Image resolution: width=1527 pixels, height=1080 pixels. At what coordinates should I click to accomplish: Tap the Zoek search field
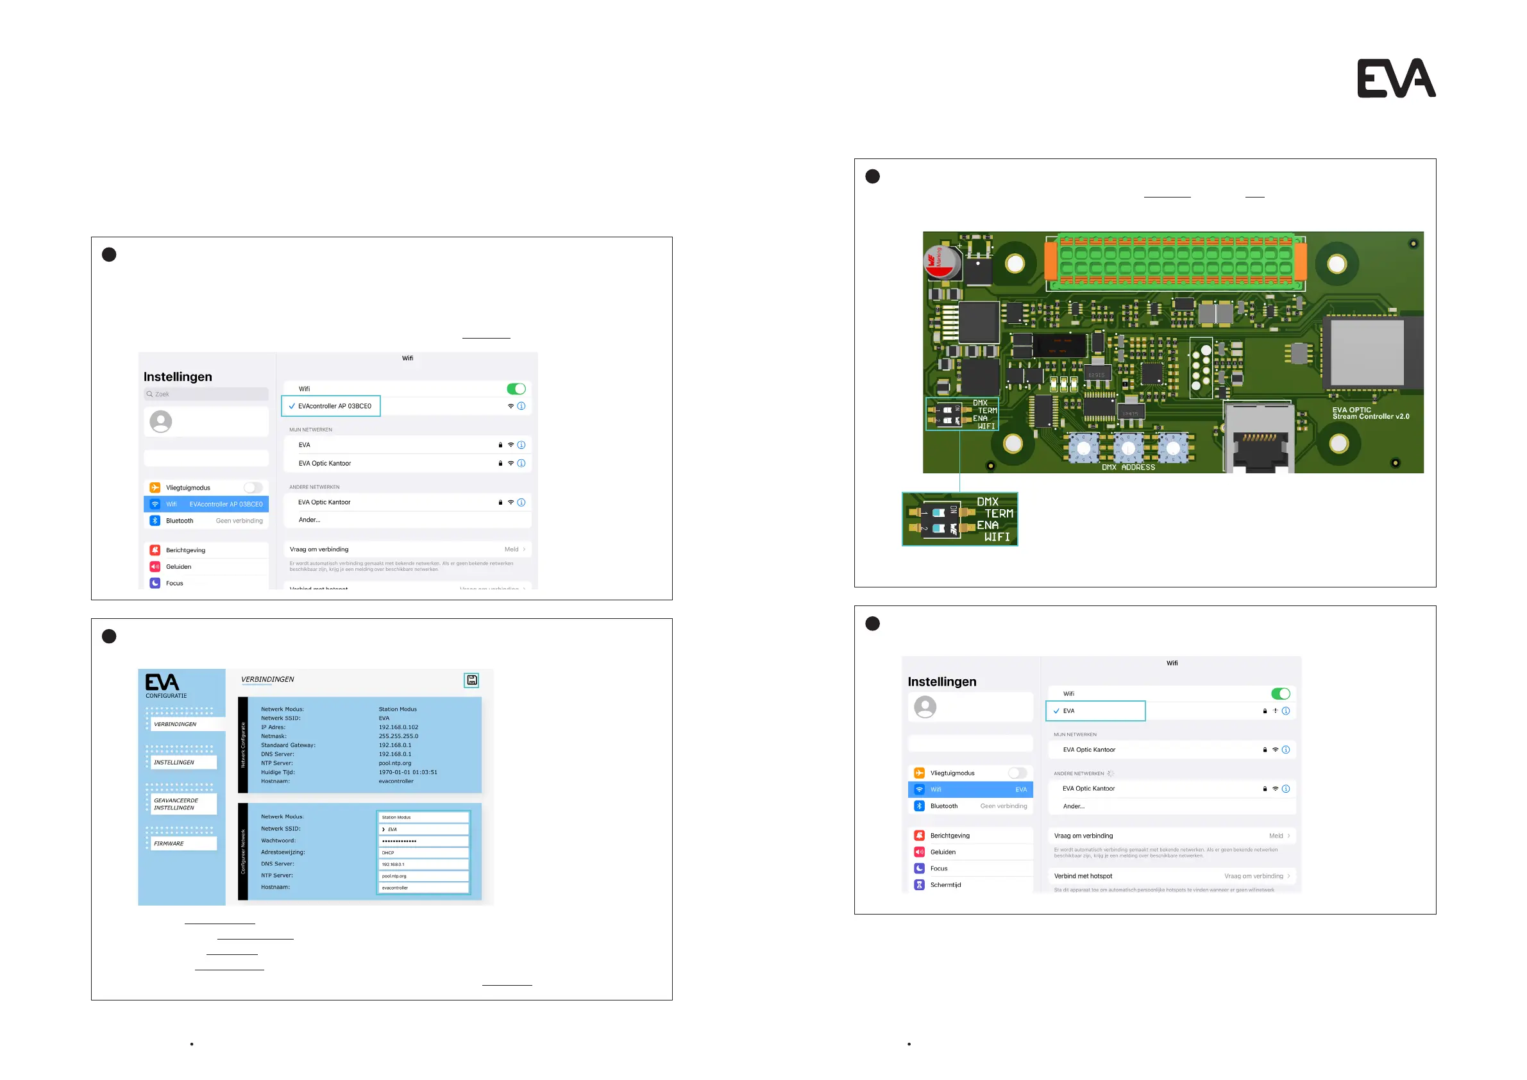coord(206,394)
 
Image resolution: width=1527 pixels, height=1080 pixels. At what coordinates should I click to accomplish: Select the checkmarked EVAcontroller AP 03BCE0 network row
coord(331,407)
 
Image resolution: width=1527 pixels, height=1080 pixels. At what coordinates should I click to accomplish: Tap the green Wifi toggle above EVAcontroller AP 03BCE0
coord(516,389)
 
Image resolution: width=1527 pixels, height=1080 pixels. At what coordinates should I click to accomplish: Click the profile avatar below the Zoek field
coord(161,421)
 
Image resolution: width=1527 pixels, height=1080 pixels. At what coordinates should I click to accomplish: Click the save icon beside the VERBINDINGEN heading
coord(471,680)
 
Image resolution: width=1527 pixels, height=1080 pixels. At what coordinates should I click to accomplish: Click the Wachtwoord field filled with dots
coord(423,841)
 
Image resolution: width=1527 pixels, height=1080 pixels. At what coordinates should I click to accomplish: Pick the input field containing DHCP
coord(423,852)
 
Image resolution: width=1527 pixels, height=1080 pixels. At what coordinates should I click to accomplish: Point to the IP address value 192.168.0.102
coord(398,727)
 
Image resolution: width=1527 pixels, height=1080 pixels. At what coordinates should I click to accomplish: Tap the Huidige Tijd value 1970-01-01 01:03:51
coord(408,772)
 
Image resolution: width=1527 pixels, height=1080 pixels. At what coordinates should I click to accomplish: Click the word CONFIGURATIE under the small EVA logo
coord(166,696)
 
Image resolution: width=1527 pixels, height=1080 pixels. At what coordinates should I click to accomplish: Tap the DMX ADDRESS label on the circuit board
coord(1128,468)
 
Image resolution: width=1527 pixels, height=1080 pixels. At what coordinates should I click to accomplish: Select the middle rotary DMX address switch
coord(1128,448)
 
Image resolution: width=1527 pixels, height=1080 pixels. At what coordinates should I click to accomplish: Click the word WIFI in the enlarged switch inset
coord(996,537)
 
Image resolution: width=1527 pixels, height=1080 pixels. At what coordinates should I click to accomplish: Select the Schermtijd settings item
coord(945,885)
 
